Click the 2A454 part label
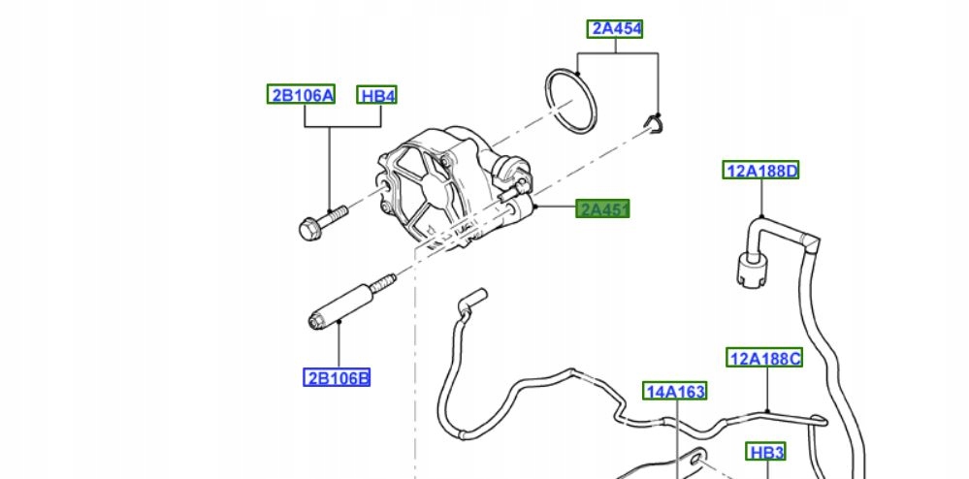click(x=615, y=29)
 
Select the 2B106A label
click(x=302, y=95)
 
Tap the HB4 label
click(x=377, y=95)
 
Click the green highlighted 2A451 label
click(x=603, y=208)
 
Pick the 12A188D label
click(x=760, y=172)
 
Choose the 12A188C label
click(x=765, y=359)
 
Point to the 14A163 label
click(x=674, y=392)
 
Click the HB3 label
click(x=765, y=452)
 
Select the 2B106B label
click(x=337, y=377)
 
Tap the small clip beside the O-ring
click(x=655, y=122)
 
